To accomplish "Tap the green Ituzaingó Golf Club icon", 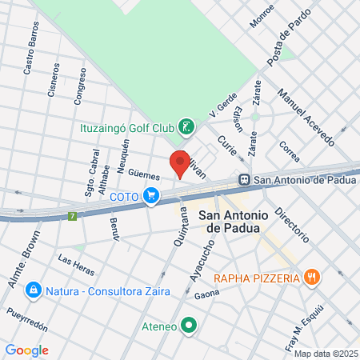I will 186,126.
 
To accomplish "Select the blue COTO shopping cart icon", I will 151,195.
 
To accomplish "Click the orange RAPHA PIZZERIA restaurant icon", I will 312,278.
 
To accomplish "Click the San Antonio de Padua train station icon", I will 243,180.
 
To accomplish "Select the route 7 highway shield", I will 73,216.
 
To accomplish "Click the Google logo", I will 26,350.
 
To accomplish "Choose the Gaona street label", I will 206,295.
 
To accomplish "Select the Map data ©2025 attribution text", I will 326,354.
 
